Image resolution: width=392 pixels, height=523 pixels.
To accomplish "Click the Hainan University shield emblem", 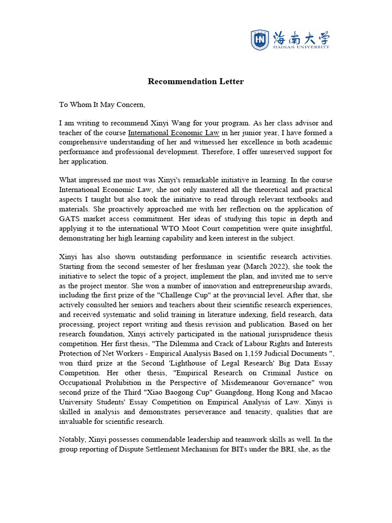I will (260, 40).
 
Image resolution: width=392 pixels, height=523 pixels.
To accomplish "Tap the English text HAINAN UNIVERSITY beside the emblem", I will (301, 46).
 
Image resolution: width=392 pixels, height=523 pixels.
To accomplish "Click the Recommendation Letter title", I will (196, 82).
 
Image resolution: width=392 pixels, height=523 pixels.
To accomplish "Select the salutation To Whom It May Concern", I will (102, 105).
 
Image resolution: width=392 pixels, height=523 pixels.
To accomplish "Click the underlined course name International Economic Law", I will (174, 133).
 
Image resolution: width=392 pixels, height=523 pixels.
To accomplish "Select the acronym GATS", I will (70, 218).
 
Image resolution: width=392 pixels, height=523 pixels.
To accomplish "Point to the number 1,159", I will (222, 353).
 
